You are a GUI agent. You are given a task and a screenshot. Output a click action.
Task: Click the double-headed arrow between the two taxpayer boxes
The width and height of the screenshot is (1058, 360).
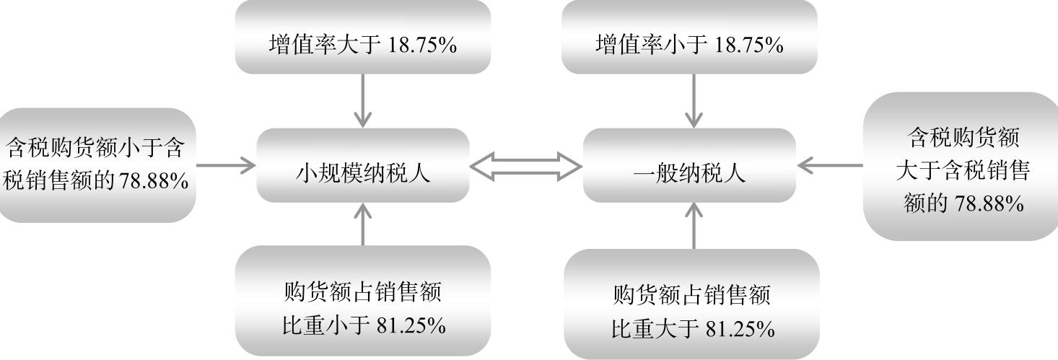526,167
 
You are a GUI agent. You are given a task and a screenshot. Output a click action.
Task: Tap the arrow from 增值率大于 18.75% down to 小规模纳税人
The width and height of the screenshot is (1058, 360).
363,100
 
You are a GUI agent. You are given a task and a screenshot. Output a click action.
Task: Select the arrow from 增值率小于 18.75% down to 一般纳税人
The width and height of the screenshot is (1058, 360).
694,100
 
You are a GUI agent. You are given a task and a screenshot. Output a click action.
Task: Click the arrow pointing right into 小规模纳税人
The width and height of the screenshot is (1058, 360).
226,165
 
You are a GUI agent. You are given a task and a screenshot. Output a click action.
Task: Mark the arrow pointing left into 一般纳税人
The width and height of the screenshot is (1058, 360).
830,166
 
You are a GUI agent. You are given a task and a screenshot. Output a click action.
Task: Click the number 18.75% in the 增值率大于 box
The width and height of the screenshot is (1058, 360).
422,45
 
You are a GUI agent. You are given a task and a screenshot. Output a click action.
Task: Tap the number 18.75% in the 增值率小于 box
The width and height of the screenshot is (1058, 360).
748,45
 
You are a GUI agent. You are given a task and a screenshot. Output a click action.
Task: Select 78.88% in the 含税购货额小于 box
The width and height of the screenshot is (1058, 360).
152,180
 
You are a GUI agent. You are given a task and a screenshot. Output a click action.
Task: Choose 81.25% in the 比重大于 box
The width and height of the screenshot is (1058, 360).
739,330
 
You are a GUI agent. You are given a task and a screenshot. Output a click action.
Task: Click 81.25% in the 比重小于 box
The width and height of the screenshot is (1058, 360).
411,325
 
